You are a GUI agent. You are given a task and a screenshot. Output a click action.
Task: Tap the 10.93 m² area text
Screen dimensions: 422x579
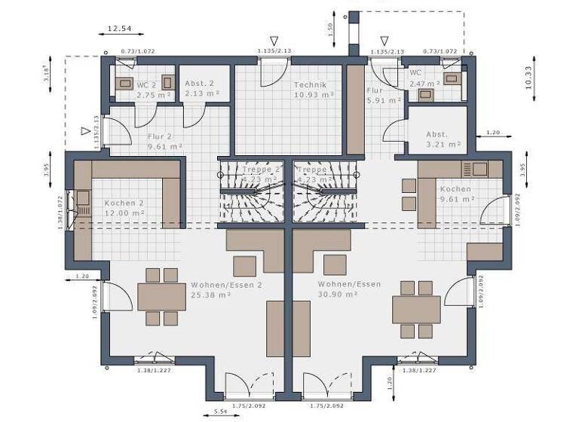314,96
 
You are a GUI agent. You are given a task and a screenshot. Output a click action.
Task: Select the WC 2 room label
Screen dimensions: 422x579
146,85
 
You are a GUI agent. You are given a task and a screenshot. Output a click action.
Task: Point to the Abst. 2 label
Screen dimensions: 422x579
200,84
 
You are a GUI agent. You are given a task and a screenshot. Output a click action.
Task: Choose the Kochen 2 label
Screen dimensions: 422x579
124,203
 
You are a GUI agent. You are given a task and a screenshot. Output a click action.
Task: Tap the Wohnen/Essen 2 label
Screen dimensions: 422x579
225,285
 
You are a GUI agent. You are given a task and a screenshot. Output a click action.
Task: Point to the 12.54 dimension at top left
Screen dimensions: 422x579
119,29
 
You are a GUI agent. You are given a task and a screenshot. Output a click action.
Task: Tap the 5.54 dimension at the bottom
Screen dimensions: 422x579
221,411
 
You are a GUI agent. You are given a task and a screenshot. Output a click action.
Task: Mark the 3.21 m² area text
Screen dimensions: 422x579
443,143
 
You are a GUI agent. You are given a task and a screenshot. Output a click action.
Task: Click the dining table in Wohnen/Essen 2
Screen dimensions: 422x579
161,296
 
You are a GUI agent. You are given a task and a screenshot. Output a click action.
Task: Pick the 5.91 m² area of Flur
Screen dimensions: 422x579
377,99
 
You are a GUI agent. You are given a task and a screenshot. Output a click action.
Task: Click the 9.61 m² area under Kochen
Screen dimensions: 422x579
457,199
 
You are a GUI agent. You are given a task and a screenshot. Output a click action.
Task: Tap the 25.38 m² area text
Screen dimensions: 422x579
210,295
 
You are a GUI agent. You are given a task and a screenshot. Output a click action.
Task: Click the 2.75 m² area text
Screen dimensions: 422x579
151,96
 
